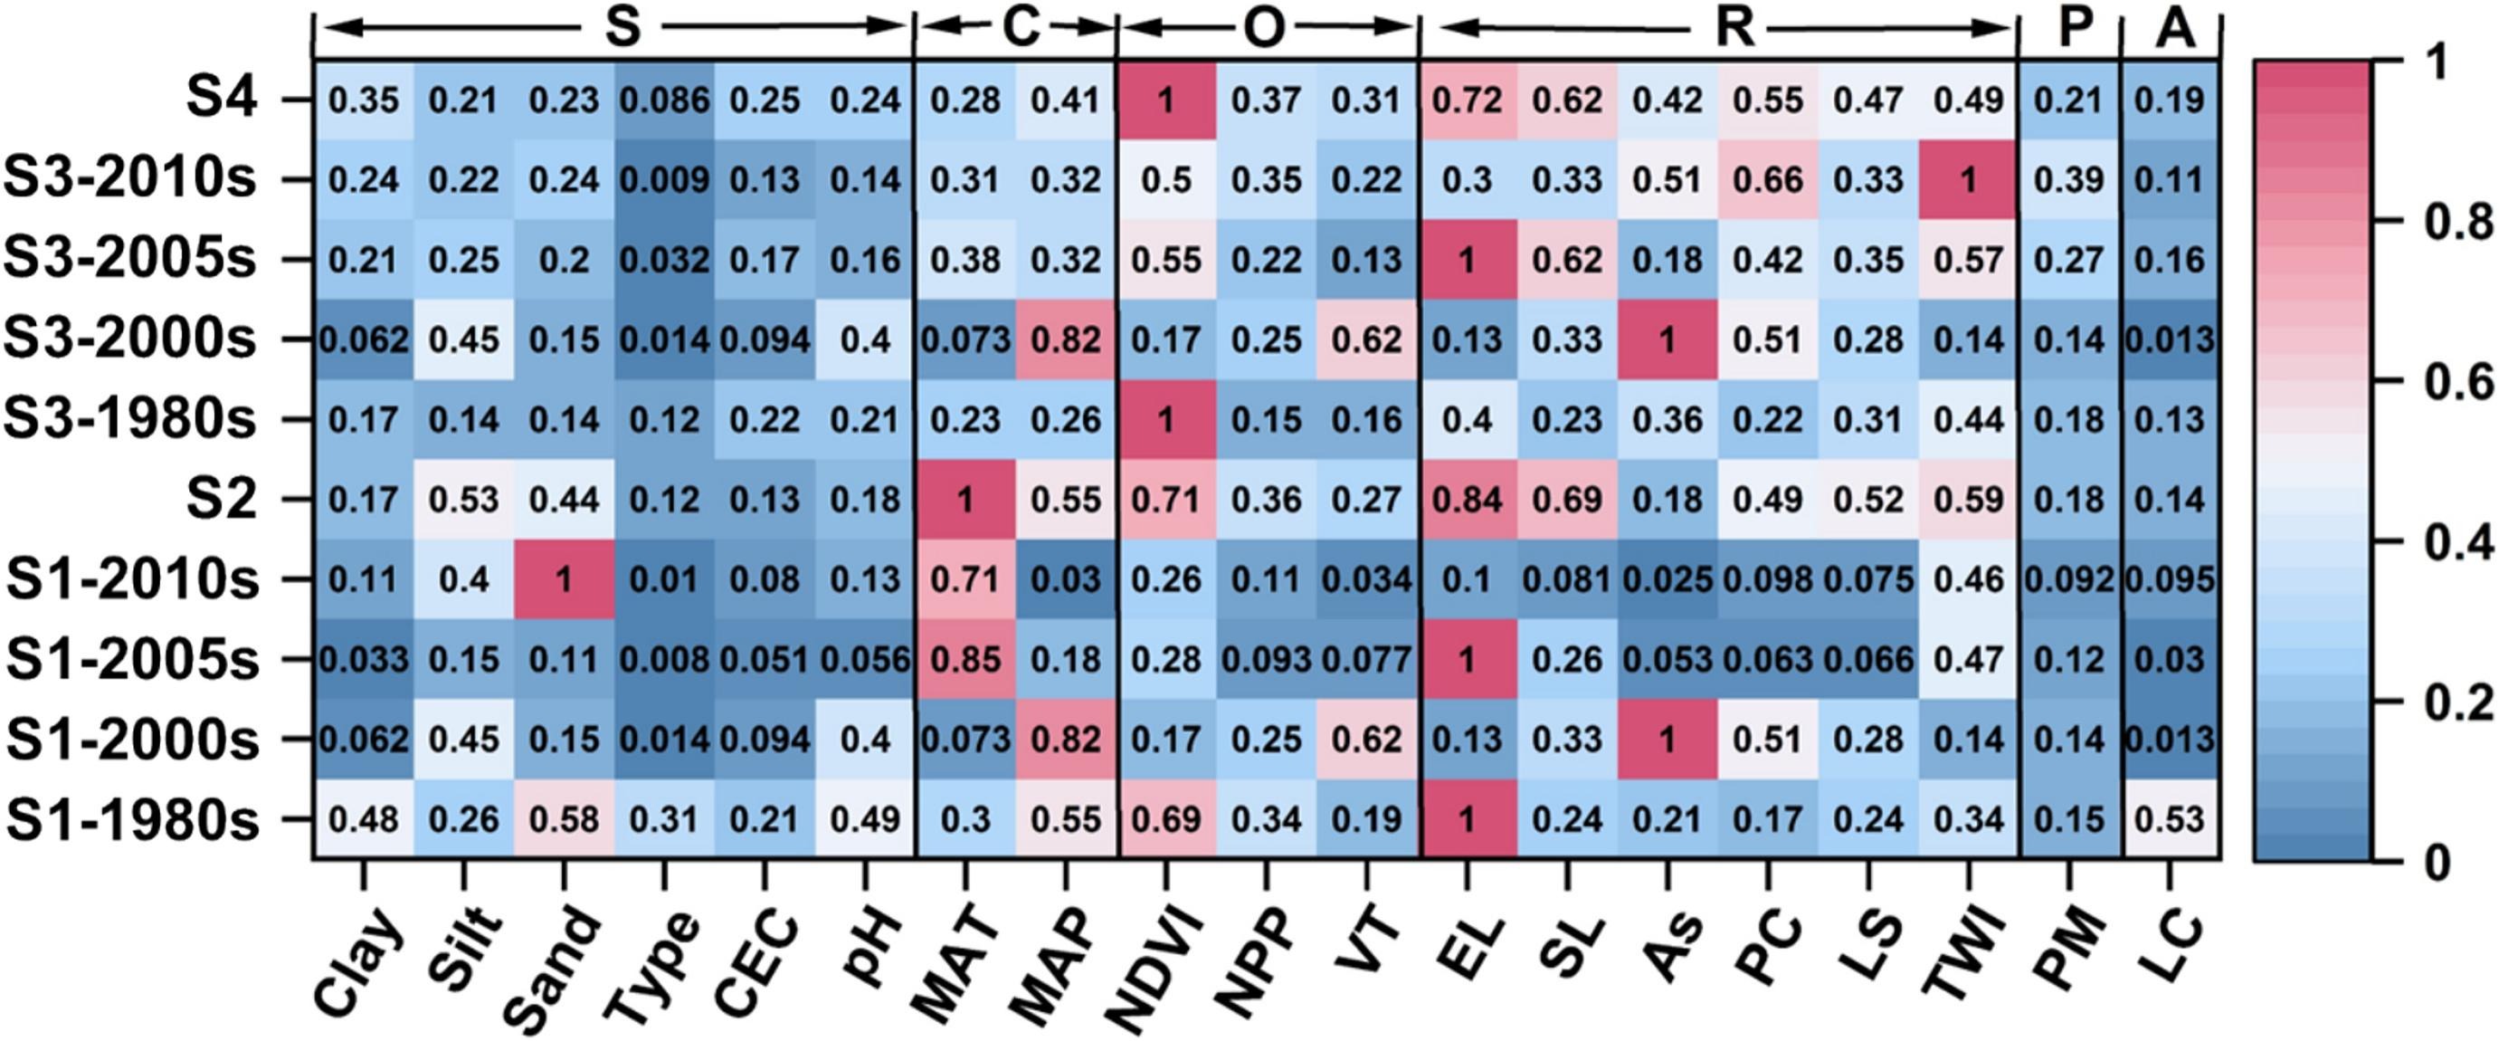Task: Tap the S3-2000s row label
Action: pos(131,339)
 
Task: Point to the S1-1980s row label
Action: pos(133,820)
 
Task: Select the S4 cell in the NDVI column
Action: pos(1166,100)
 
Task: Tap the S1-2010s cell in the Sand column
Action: pos(564,580)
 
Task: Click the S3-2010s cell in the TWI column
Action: pos(1969,179)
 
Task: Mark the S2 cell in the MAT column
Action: pos(965,500)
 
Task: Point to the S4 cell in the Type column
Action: pos(664,100)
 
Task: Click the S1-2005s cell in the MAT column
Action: pos(965,660)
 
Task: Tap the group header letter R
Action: pos(1734,29)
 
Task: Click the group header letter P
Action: pos(2073,29)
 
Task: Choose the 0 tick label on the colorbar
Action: pos(2437,862)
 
